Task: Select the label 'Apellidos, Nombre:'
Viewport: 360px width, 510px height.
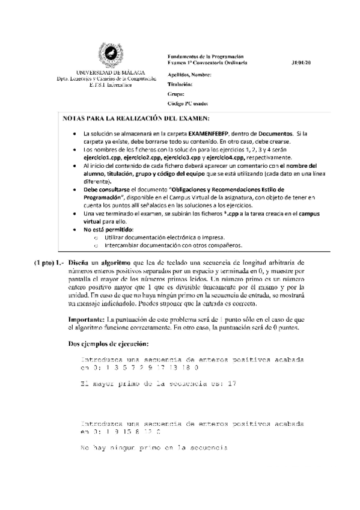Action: pyautogui.click(x=189, y=75)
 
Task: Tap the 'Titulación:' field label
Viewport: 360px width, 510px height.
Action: pyautogui.click(x=180, y=85)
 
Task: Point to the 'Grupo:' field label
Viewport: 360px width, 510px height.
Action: pyautogui.click(x=175, y=94)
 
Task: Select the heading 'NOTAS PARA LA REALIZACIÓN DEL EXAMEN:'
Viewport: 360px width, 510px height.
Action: pyautogui.click(x=136, y=118)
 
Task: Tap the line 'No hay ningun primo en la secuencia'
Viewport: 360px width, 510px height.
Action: pyautogui.click(x=153, y=448)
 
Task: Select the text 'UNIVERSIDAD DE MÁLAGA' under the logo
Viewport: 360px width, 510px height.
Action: pyautogui.click(x=110, y=72)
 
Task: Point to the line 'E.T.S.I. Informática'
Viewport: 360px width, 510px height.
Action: pyautogui.click(x=109, y=84)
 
